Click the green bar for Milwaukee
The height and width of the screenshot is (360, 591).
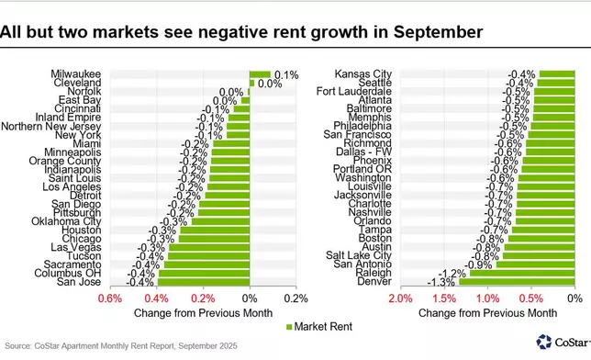[260, 73]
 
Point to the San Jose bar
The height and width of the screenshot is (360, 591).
[203, 282]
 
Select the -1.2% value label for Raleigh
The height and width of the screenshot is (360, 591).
[453, 273]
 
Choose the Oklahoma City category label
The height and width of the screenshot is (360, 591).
[57, 221]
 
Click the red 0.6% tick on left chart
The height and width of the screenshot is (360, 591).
[109, 298]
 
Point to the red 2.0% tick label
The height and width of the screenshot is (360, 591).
[400, 298]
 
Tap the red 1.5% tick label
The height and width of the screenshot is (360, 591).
[444, 298]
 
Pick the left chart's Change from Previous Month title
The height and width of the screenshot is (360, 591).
[202, 312]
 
